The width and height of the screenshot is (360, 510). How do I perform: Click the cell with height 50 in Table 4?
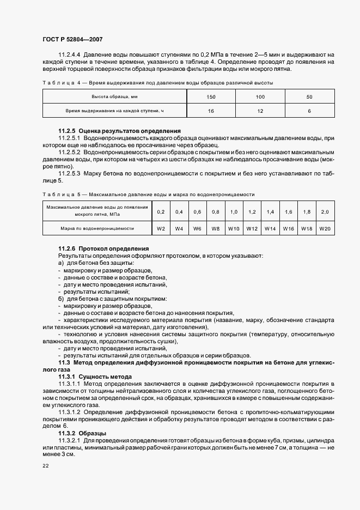pyautogui.click(x=309, y=96)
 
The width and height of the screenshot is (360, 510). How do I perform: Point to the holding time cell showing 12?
pyautogui.click(x=260, y=111)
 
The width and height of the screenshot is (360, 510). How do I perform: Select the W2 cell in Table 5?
pyautogui.click(x=161, y=228)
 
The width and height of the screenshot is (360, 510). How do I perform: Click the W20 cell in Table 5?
pyautogui.click(x=325, y=228)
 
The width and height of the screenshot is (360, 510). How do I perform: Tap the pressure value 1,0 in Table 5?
pyautogui.click(x=234, y=211)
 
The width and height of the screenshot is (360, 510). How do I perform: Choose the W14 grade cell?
pyautogui.click(x=270, y=228)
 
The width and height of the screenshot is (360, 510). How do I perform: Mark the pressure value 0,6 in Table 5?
pyautogui.click(x=197, y=211)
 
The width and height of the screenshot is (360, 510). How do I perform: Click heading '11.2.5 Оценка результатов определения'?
pyautogui.click(x=119, y=131)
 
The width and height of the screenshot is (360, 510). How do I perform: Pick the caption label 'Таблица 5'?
pyautogui.click(x=60, y=194)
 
